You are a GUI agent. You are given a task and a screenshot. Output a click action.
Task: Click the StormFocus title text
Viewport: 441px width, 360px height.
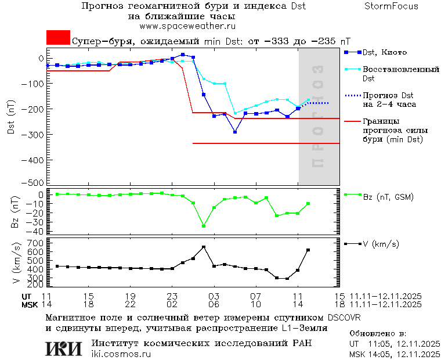click(x=392, y=6)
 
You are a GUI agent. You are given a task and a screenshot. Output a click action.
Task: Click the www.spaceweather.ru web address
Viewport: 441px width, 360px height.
click(x=187, y=26)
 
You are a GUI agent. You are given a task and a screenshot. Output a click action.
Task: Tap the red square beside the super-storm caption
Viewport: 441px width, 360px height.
click(x=58, y=37)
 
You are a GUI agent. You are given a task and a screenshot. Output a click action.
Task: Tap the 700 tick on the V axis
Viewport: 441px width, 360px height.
click(x=37, y=243)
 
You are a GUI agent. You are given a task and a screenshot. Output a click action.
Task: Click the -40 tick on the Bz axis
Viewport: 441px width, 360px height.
click(x=36, y=231)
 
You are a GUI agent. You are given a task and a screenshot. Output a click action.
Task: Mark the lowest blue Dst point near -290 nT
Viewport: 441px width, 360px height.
click(x=235, y=132)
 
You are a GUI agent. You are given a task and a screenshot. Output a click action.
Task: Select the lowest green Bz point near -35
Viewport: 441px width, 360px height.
click(x=204, y=226)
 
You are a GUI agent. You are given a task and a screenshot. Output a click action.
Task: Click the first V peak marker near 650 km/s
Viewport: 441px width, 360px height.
click(x=204, y=247)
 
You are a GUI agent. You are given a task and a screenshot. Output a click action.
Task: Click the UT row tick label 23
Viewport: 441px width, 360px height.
click(x=172, y=296)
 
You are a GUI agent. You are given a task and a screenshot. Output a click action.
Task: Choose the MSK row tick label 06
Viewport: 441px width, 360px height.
click(x=214, y=304)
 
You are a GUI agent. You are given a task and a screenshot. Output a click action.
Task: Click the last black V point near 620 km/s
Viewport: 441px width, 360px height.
click(x=308, y=250)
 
